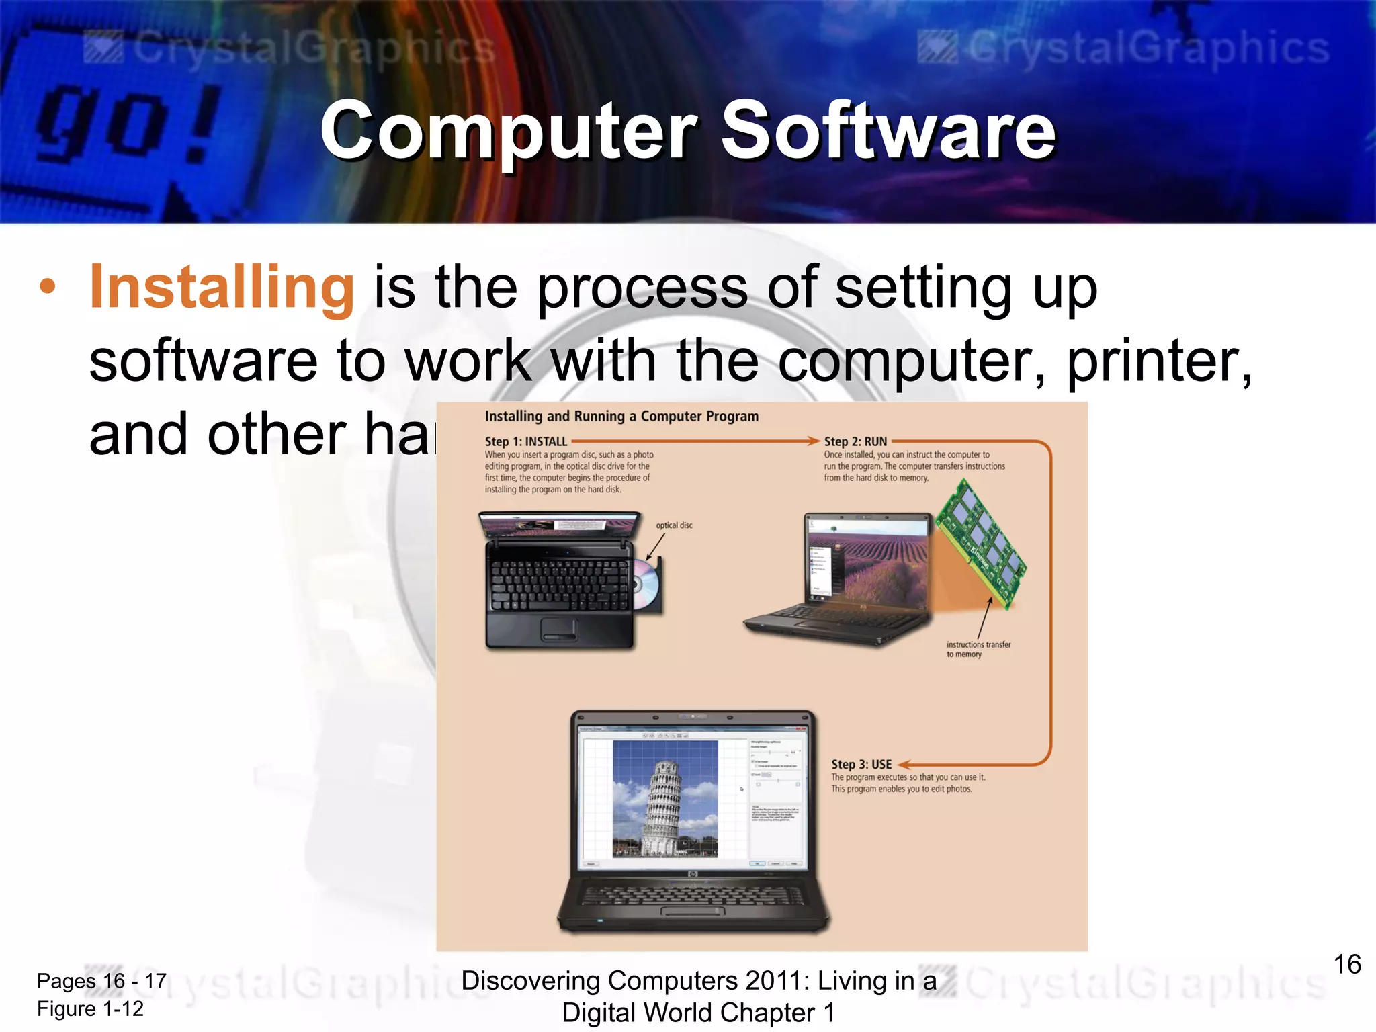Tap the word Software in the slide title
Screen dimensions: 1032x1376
pyautogui.click(x=888, y=130)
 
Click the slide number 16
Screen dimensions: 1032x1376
pyautogui.click(x=1346, y=964)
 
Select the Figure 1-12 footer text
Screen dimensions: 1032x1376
pyautogui.click(x=90, y=1008)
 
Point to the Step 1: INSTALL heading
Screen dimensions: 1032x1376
pyautogui.click(x=526, y=441)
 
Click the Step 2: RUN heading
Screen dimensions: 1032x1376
pyautogui.click(x=855, y=441)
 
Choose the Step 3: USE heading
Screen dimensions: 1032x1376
pyautogui.click(x=861, y=764)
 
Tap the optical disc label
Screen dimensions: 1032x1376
pyautogui.click(x=674, y=525)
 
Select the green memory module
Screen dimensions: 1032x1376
pyautogui.click(x=981, y=544)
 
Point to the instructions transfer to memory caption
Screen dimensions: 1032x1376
pyautogui.click(x=978, y=649)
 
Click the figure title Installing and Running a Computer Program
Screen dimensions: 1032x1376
pyautogui.click(x=621, y=416)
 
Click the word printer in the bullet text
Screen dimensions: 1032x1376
pyautogui.click(x=1158, y=361)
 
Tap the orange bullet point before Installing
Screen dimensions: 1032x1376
pyautogui.click(x=48, y=287)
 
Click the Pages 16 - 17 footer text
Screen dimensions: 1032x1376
pyautogui.click(x=101, y=981)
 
